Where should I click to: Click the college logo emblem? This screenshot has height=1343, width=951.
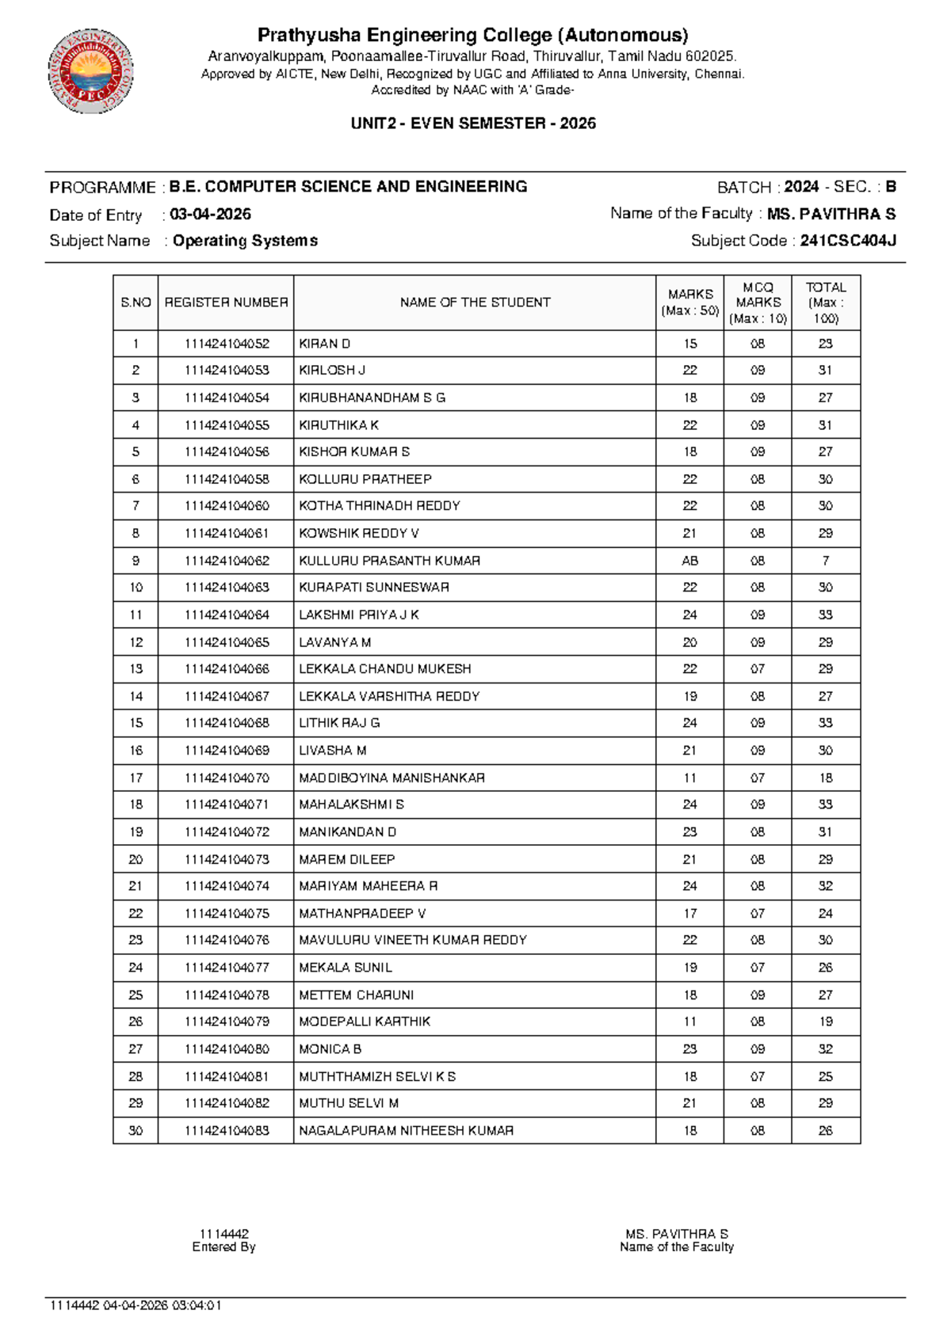click(x=90, y=72)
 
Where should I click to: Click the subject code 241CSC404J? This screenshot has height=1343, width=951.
click(x=847, y=241)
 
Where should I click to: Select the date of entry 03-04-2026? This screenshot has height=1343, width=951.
click(x=210, y=215)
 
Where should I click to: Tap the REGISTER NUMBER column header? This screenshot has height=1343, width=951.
click(x=226, y=302)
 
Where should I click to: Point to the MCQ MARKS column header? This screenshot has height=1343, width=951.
click(x=758, y=302)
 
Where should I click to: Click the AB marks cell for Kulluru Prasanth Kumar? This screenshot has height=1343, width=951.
click(x=689, y=561)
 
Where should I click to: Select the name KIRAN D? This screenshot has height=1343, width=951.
click(x=324, y=344)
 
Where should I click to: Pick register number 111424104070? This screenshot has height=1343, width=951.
click(x=227, y=778)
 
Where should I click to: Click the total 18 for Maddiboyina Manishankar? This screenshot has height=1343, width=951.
click(x=825, y=778)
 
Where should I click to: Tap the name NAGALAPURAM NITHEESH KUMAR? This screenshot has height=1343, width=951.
click(x=406, y=1131)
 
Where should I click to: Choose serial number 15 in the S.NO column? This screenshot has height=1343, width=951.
click(x=136, y=723)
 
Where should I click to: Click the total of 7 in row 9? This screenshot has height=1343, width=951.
click(x=825, y=561)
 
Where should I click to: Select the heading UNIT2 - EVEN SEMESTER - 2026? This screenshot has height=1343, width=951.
click(x=473, y=124)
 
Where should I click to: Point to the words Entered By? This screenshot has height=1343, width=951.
click(x=223, y=1247)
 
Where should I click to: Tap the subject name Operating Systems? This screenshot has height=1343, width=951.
click(x=245, y=241)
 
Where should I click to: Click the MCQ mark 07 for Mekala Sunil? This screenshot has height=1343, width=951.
click(x=758, y=968)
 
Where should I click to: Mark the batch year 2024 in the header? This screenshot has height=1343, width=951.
click(x=800, y=187)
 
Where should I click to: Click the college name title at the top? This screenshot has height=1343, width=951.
click(x=473, y=36)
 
